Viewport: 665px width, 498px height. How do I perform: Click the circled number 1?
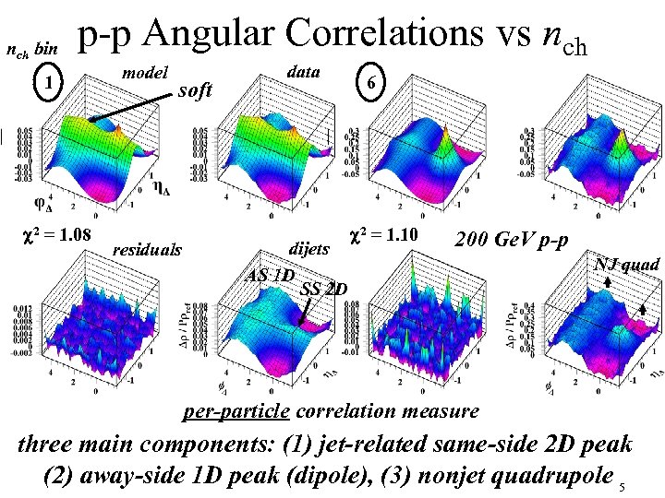(x=48, y=84)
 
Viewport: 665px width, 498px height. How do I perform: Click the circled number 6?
(x=369, y=83)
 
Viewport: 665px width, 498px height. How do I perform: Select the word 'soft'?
(x=195, y=90)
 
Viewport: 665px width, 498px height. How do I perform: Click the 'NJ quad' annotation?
(x=627, y=266)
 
